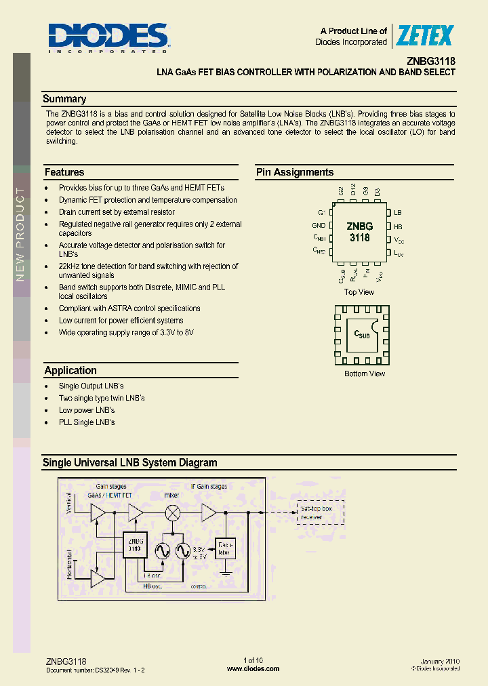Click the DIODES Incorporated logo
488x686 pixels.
[108, 38]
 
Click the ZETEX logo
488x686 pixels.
[425, 35]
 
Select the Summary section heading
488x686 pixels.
[64, 99]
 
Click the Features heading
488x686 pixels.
[64, 172]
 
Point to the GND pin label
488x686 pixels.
[319, 226]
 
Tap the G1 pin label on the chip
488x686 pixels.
[321, 213]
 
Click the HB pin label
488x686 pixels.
[398, 226]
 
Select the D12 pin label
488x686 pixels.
[354, 191]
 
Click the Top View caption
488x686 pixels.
[359, 292]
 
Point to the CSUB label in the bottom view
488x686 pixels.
[363, 334]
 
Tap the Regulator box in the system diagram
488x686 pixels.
[224, 548]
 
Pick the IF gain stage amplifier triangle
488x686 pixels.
[208, 513]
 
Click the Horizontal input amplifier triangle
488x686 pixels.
[98, 578]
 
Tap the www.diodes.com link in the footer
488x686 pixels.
[253, 668]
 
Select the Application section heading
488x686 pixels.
[70, 371]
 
